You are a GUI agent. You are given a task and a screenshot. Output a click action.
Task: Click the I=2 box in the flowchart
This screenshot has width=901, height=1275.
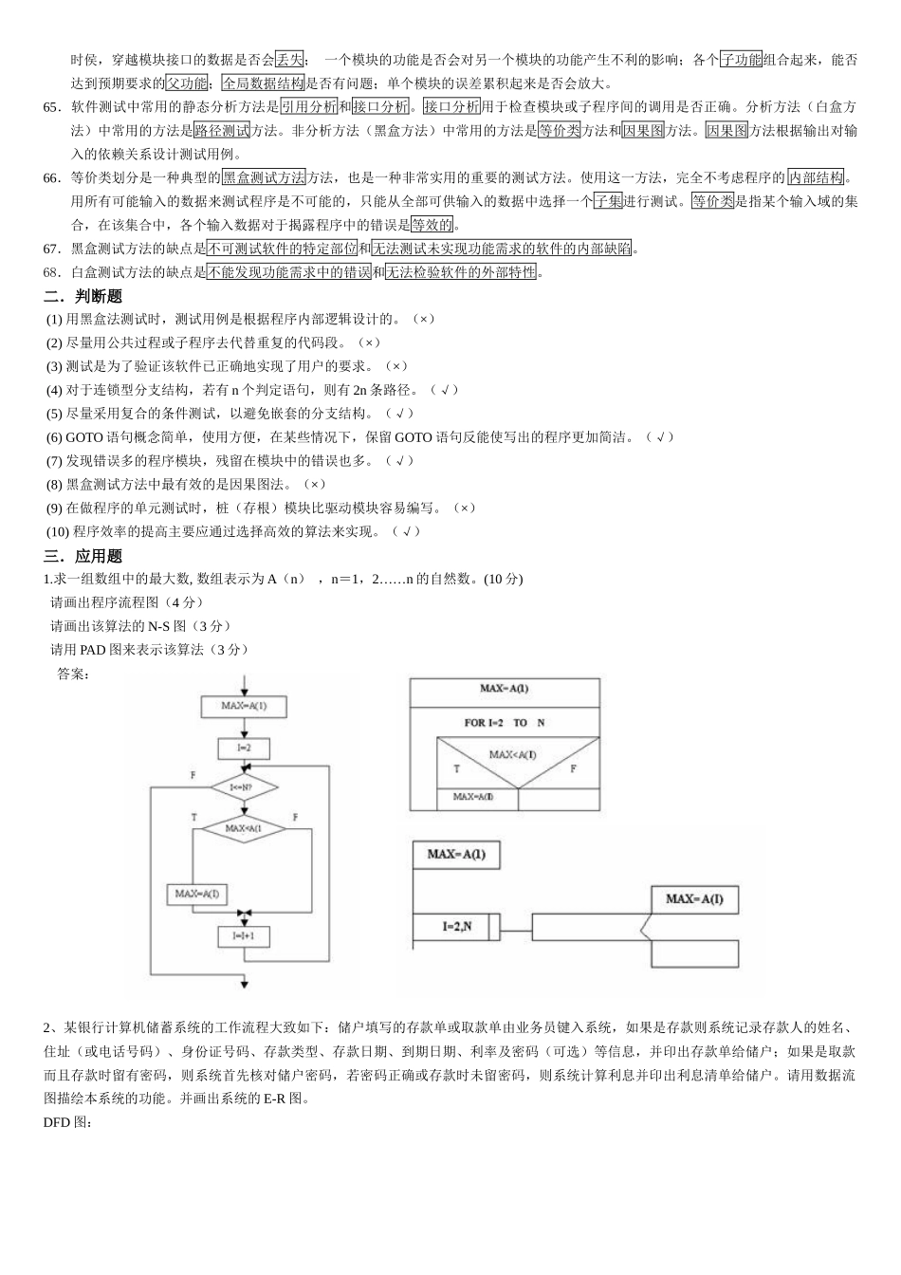click(x=244, y=748)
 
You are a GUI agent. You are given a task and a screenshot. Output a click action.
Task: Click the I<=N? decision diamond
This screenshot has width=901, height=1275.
click(x=244, y=786)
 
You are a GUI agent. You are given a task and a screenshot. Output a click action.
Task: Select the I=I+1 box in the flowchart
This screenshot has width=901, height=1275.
click(x=244, y=936)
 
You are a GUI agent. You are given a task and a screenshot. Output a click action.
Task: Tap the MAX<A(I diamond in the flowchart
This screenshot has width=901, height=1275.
click(x=244, y=828)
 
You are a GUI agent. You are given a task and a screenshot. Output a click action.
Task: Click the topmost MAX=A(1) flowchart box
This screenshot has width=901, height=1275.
click(x=244, y=706)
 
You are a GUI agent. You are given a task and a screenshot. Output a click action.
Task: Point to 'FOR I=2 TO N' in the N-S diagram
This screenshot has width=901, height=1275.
click(x=505, y=723)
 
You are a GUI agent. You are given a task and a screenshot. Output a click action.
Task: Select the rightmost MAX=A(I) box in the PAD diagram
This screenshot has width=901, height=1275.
click(x=694, y=898)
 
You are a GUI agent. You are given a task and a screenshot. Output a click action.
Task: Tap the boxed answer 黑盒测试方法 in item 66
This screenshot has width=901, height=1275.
click(x=264, y=177)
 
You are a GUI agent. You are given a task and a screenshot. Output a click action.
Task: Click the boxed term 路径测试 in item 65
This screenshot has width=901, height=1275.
click(x=222, y=131)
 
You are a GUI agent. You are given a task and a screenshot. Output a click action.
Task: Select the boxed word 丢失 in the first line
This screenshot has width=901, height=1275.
click(x=289, y=60)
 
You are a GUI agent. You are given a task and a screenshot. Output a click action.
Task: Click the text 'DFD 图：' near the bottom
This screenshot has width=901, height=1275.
click(x=67, y=1122)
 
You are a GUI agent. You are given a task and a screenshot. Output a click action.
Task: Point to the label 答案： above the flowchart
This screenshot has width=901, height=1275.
click(x=73, y=674)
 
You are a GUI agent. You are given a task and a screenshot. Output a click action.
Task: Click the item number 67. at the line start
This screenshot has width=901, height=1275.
click(x=53, y=249)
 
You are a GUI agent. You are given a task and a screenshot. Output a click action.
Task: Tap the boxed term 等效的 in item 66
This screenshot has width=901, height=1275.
click(x=432, y=225)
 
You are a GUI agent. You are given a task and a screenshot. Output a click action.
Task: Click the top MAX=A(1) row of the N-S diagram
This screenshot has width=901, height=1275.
click(x=505, y=691)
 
